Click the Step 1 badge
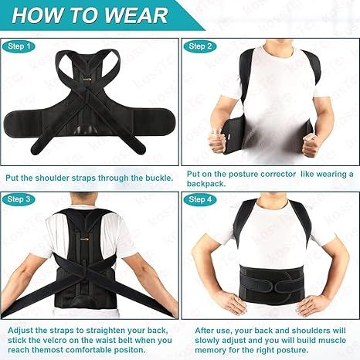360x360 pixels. (21, 46)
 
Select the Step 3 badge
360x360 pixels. (21, 199)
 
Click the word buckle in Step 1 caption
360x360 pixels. (154, 177)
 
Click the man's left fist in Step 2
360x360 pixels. (311, 144)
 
